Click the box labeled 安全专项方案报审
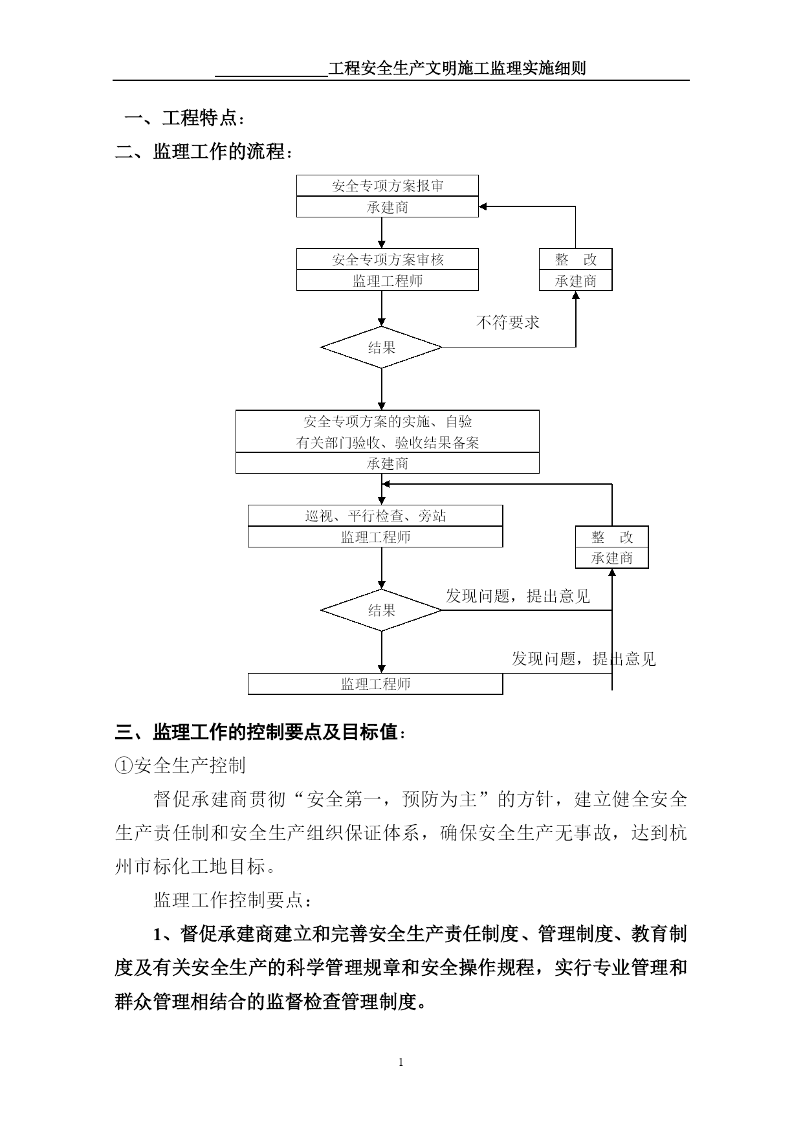388,186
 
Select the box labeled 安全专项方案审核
388,259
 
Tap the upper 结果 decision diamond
382,347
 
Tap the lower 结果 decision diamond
382,610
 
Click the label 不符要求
508,322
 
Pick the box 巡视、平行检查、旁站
375,516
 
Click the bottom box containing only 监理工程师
375,684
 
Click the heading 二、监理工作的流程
204,152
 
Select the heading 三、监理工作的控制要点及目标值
261,733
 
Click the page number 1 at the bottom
401,1062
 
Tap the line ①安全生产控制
181,766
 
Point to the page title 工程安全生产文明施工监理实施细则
457,68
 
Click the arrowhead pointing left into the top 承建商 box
483,206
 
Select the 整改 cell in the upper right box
576,259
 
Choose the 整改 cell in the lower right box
612,537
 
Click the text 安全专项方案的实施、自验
388,422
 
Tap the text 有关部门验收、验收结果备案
388,443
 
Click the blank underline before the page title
272,76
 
